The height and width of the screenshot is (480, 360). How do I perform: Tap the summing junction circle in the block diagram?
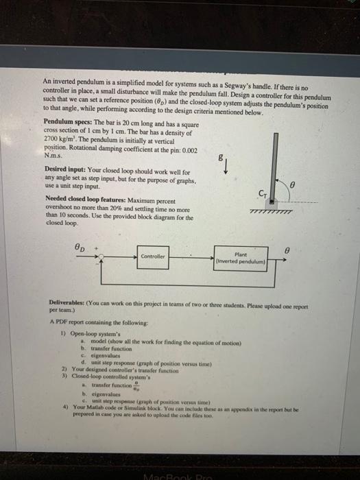pos(102,256)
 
